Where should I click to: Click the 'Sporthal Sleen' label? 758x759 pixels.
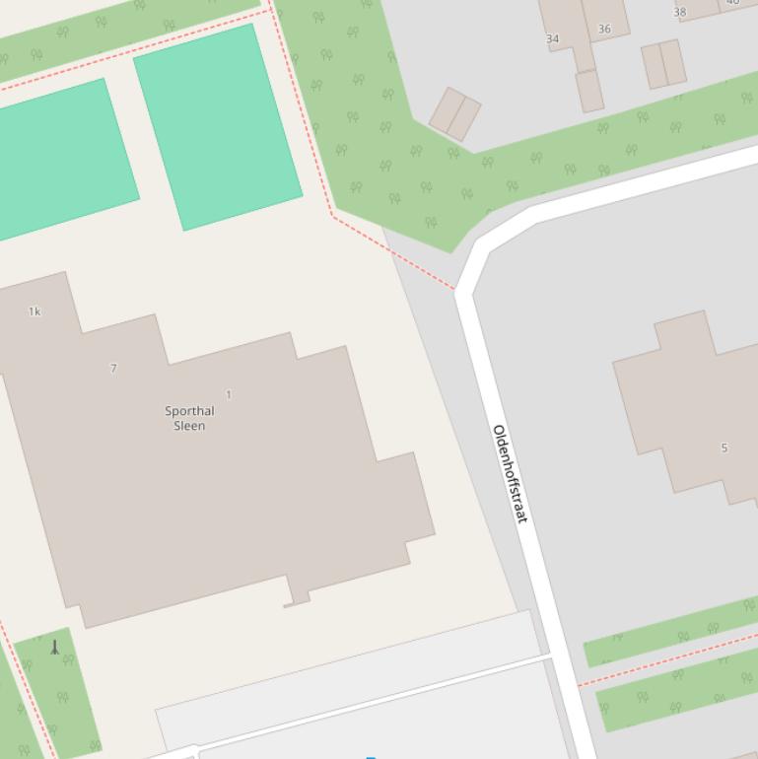pyautogui.click(x=189, y=418)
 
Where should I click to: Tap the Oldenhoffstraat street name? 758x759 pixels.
pyautogui.click(x=510, y=473)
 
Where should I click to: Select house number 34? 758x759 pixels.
pyautogui.click(x=552, y=39)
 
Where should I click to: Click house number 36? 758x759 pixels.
pyautogui.click(x=604, y=29)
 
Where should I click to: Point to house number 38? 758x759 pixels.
pyautogui.click(x=679, y=13)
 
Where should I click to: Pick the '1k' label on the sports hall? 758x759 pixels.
pyautogui.click(x=34, y=311)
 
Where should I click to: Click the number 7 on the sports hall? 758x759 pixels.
pyautogui.click(x=113, y=368)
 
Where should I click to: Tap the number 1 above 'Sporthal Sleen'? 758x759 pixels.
pyautogui.click(x=229, y=394)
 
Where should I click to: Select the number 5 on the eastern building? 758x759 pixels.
pyautogui.click(x=724, y=448)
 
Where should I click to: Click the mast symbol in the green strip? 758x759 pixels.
pyautogui.click(x=55, y=648)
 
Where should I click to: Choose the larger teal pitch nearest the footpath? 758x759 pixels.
pyautogui.click(x=217, y=126)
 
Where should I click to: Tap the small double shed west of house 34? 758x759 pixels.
pyautogui.click(x=454, y=114)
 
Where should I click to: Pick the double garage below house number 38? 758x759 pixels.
pyautogui.click(x=663, y=63)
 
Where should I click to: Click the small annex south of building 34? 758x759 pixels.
pyautogui.click(x=589, y=91)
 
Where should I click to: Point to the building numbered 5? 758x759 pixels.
pyautogui.click(x=690, y=404)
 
